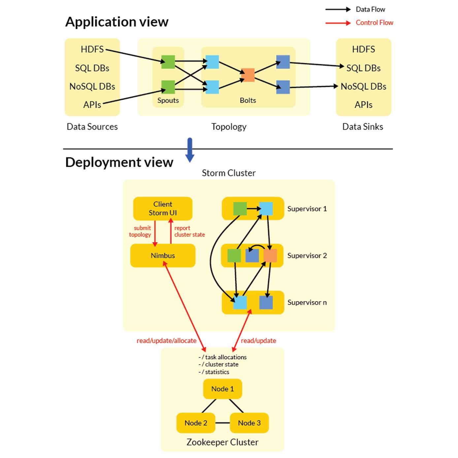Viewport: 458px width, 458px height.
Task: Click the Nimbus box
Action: [x=163, y=255]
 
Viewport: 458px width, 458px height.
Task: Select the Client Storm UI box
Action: [x=163, y=209]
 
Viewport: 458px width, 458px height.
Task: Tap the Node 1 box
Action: [x=222, y=389]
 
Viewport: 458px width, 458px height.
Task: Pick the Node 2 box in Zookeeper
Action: [x=196, y=423]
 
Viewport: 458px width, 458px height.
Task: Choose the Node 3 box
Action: [x=249, y=423]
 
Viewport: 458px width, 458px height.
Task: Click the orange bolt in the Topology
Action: [x=248, y=75]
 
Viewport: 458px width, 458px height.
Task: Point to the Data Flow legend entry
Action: [x=370, y=10]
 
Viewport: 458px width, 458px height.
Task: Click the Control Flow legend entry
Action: [x=374, y=23]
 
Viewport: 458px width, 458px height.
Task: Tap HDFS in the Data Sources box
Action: [x=92, y=49]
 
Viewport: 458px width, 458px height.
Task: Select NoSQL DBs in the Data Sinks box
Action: [x=363, y=86]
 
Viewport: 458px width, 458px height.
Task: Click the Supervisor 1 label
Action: [x=307, y=209]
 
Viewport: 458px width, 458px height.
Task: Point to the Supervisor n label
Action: [x=307, y=302]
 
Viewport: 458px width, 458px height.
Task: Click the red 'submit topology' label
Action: [x=140, y=231]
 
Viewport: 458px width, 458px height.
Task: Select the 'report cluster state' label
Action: [x=189, y=231]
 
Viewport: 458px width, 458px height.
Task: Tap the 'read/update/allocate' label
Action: [x=166, y=341]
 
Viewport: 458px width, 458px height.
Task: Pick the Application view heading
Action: [x=117, y=22]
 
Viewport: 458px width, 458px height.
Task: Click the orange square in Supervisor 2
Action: [x=270, y=256]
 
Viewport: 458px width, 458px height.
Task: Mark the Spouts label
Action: [x=168, y=100]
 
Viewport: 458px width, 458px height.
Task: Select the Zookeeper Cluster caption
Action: [x=222, y=442]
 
